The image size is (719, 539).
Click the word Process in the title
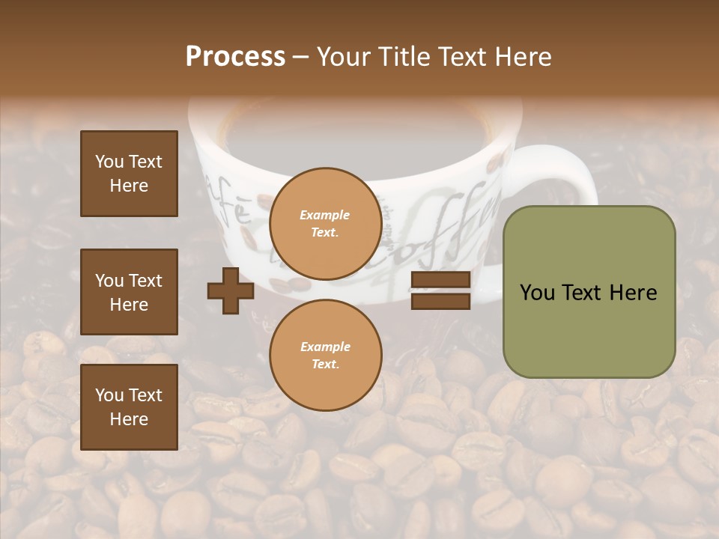[x=235, y=57]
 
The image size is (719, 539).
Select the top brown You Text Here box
[x=129, y=174]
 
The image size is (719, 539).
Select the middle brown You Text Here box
[x=129, y=292]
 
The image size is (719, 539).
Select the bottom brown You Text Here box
[x=129, y=407]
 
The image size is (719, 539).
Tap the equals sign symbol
[x=440, y=291]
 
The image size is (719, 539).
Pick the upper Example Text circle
[x=325, y=224]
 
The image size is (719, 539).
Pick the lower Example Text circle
[x=325, y=356]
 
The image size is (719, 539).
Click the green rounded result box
[x=589, y=292]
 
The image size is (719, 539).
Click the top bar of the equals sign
[x=440, y=281]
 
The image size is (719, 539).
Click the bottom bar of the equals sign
[x=440, y=302]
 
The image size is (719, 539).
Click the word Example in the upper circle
[x=325, y=215]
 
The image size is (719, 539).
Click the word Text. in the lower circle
[x=325, y=365]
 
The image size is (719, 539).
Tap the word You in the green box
[x=537, y=293]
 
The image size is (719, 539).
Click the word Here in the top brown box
[x=129, y=186]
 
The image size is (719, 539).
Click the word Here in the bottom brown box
[x=129, y=419]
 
